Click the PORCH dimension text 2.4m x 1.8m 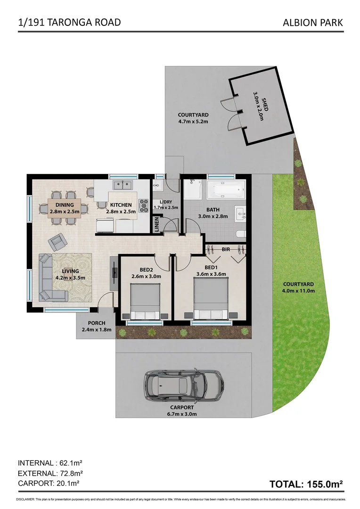tap(96, 329)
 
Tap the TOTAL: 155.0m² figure tap(305, 484)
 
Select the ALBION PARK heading tap(313, 22)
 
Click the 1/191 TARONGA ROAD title tap(69, 22)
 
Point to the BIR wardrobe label tap(226, 249)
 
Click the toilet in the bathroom tap(240, 233)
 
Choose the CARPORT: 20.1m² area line tap(48, 483)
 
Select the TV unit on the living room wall tap(114, 273)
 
